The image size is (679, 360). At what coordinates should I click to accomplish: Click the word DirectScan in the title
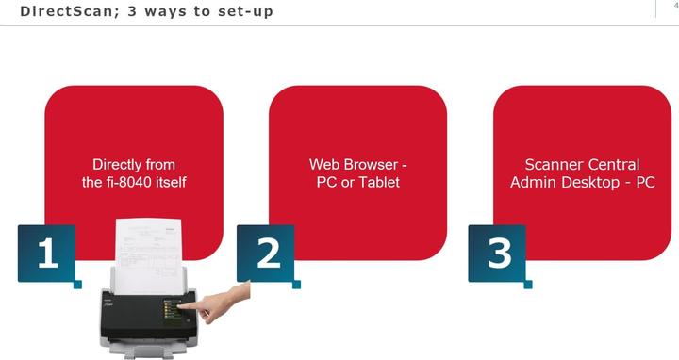66,10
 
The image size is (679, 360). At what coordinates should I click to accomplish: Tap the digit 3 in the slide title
132,10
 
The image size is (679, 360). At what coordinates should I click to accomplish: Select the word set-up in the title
245,11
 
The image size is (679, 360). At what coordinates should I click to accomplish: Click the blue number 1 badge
47,254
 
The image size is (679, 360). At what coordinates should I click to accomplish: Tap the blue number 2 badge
265,254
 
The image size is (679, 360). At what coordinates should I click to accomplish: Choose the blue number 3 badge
497,254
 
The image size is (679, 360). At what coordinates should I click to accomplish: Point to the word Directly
111,165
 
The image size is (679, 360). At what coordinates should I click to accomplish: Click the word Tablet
379,182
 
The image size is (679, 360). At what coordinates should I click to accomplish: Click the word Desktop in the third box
593,183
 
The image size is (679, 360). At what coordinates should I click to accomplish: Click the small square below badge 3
528,285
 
